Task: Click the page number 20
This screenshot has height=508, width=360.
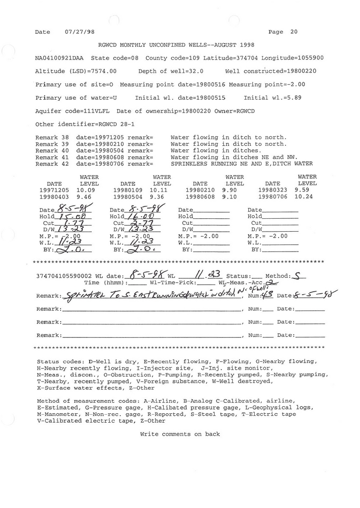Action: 294,32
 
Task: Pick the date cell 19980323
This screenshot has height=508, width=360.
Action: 273,190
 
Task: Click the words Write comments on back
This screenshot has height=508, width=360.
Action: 180,434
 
